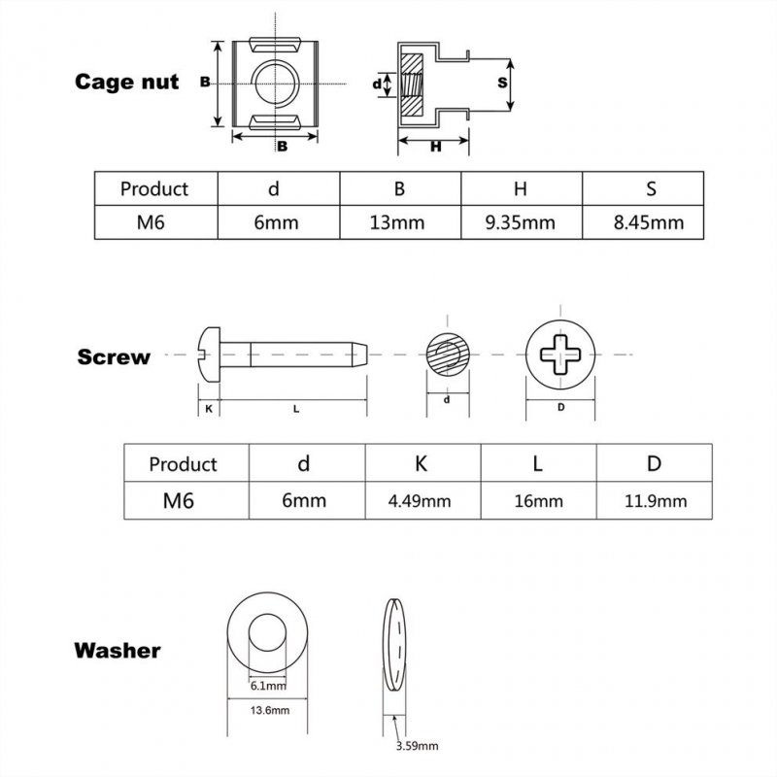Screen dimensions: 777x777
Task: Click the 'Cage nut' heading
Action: point(127,83)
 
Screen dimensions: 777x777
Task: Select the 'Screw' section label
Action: point(115,356)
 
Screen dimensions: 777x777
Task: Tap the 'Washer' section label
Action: point(118,650)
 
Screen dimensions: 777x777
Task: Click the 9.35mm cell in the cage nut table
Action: point(521,222)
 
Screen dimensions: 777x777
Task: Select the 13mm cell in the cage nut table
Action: point(398,222)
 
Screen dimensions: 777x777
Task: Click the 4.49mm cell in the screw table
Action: point(421,501)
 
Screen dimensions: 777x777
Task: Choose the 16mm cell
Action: point(537,501)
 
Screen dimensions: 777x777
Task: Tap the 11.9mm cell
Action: point(655,501)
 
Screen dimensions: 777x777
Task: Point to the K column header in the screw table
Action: point(421,463)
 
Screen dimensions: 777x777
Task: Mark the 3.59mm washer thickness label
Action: point(418,746)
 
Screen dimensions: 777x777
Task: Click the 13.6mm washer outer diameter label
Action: point(270,711)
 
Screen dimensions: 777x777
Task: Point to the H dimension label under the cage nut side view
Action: point(436,146)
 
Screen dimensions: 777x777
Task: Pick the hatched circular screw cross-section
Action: point(448,355)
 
